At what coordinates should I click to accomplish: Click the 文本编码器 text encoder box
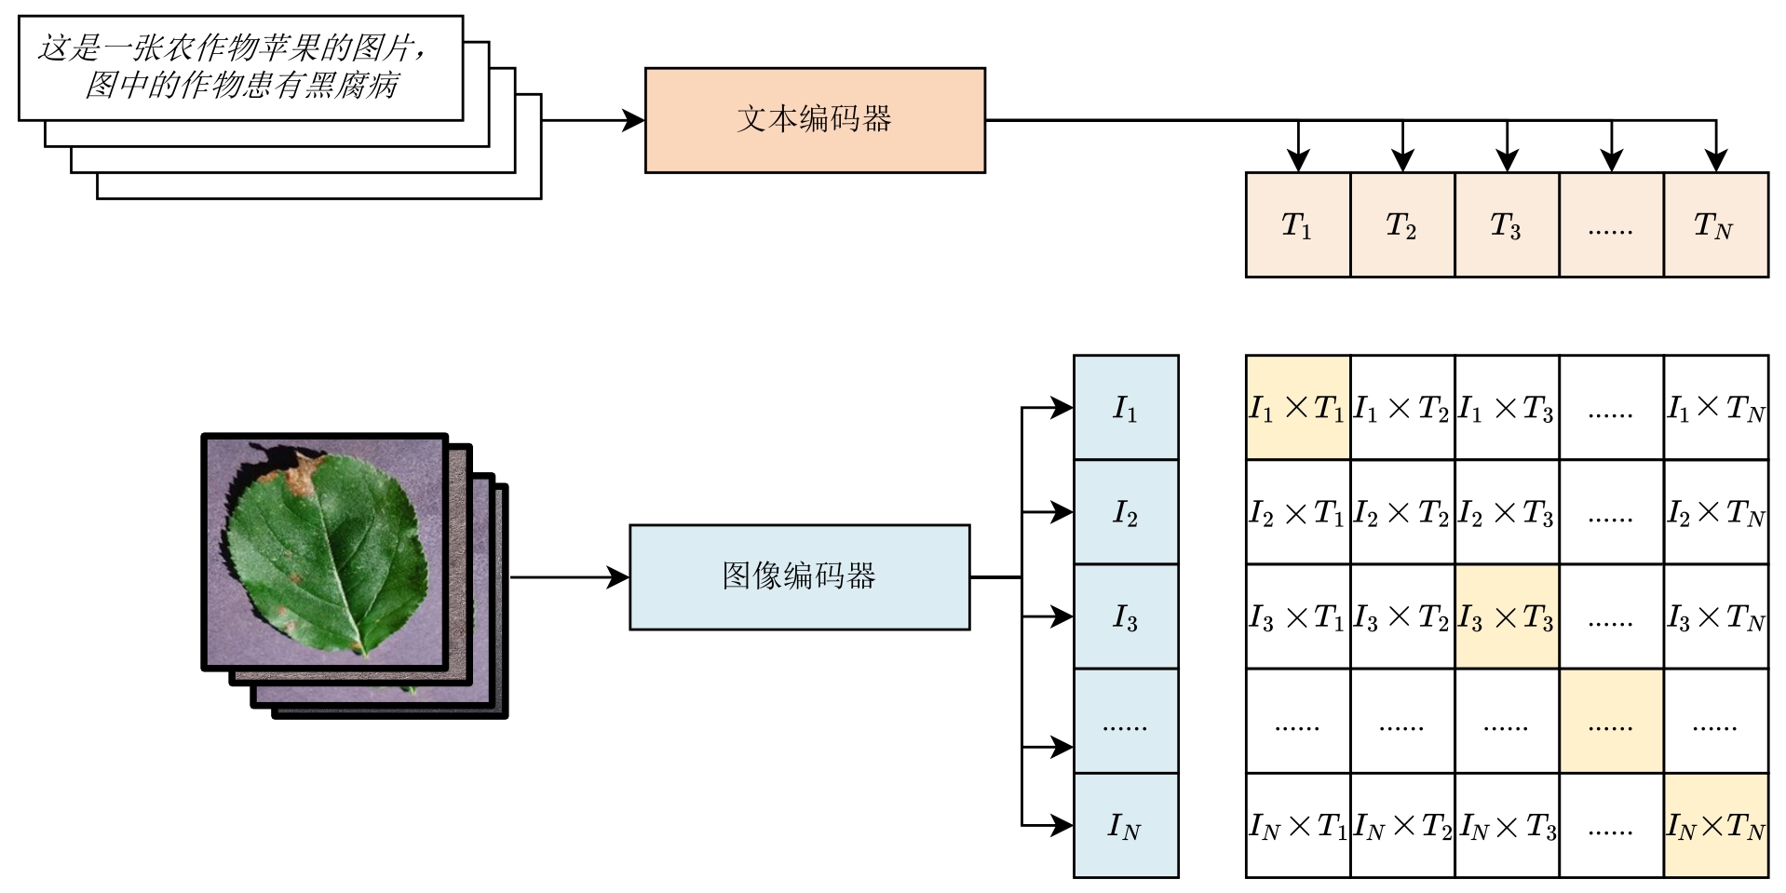point(815,120)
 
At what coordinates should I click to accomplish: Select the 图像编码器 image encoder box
point(799,577)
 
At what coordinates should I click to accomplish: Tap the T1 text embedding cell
point(1297,224)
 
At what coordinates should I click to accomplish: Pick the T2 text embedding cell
point(1401,224)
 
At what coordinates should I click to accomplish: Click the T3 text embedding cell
point(1506,224)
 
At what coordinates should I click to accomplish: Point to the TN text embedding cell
point(1715,224)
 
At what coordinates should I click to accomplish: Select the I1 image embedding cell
point(1125,408)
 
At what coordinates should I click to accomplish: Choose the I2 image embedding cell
point(1125,512)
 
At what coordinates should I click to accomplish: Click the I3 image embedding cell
point(1125,616)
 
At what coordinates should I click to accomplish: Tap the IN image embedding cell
point(1125,825)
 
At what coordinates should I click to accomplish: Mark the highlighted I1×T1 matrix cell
point(1297,408)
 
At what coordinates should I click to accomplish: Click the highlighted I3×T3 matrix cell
point(1506,616)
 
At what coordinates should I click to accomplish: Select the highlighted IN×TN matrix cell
point(1715,825)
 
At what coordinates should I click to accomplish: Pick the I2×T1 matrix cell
point(1297,512)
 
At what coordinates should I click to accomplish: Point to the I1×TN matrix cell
point(1715,408)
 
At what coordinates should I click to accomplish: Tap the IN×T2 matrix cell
point(1401,825)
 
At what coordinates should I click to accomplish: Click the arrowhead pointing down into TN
point(1715,161)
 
